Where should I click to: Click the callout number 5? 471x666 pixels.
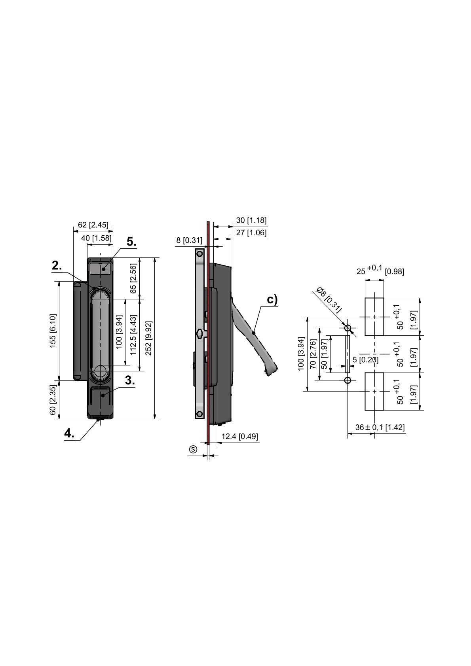(x=131, y=241)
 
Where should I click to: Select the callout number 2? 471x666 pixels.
(x=57, y=265)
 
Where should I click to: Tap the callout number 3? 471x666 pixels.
(x=130, y=380)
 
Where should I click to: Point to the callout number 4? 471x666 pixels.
(x=69, y=433)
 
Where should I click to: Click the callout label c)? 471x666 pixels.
(x=272, y=300)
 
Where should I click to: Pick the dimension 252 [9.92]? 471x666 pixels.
(x=148, y=339)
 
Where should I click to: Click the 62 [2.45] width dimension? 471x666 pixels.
(x=93, y=225)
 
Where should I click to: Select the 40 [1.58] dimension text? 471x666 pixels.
(x=97, y=238)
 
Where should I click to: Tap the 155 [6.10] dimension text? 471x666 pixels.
(x=53, y=330)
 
